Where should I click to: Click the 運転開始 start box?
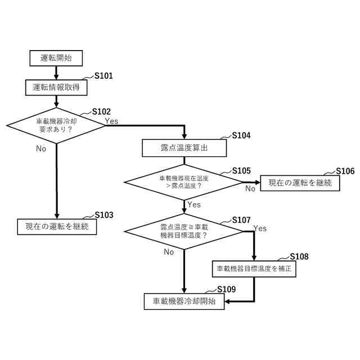coord(56,57)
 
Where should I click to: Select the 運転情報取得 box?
coord(56,87)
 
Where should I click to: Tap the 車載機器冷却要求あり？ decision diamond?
coord(56,124)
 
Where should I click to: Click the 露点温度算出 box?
coord(184,148)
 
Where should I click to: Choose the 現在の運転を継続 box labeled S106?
coord(300,182)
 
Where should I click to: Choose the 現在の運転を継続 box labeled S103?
coord(57,226)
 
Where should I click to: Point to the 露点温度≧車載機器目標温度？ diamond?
coord(184,231)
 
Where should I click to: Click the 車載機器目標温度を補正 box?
coord(254,269)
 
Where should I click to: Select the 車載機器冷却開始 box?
coord(184,301)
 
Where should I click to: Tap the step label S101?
coord(103,76)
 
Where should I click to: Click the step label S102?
coord(101,111)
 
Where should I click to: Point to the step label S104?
coord(241,136)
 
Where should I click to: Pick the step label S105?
coord(241,170)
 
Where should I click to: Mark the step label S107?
coord(241,220)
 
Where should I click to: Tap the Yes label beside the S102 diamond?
coord(111,121)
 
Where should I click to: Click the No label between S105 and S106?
coord(250,189)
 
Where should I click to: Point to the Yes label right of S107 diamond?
coord(260,228)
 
